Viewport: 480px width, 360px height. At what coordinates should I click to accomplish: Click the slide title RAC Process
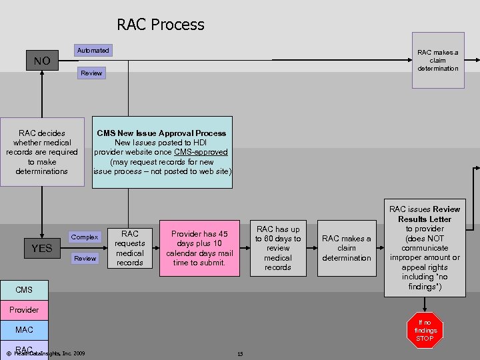pyautogui.click(x=161, y=25)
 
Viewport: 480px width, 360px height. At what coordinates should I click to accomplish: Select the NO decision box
pyautogui.click(x=41, y=61)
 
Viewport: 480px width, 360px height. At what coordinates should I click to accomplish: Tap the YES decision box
pyautogui.click(x=41, y=249)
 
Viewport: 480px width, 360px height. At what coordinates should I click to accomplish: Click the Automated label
pyautogui.click(x=93, y=51)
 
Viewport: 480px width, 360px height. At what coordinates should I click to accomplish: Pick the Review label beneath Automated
pyautogui.click(x=91, y=73)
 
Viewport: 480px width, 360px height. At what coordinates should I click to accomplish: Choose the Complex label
pyautogui.click(x=85, y=237)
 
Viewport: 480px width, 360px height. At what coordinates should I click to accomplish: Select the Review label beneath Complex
pyautogui.click(x=85, y=258)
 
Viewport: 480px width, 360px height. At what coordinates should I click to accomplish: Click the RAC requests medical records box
pyautogui.click(x=130, y=248)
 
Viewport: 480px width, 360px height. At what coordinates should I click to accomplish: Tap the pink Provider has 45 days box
pyautogui.click(x=199, y=248)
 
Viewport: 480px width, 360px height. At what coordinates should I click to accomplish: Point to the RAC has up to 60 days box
pyautogui.click(x=278, y=248)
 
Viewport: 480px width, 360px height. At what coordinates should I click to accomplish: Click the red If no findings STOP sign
pyautogui.click(x=425, y=330)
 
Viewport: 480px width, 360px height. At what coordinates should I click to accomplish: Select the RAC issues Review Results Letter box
pyautogui.click(x=425, y=248)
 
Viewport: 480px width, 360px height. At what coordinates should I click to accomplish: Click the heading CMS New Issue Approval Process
pyautogui.click(x=161, y=133)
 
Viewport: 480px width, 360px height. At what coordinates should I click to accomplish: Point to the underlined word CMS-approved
pyautogui.click(x=201, y=152)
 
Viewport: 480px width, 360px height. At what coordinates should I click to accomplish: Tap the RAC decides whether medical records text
pyautogui.click(x=42, y=152)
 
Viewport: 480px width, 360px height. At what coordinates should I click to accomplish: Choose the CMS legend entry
pyautogui.click(x=23, y=290)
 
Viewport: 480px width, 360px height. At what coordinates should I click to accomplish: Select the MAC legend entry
pyautogui.click(x=23, y=330)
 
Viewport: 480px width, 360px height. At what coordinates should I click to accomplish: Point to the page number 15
pyautogui.click(x=239, y=353)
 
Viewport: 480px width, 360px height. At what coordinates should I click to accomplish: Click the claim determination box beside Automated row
pyautogui.click(x=438, y=61)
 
